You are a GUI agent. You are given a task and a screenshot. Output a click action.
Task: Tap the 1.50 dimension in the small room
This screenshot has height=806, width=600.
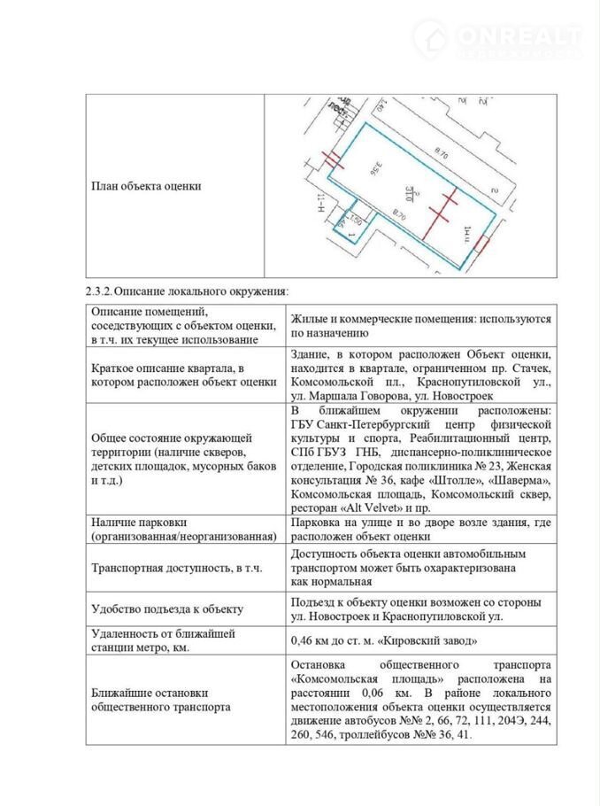[355, 221]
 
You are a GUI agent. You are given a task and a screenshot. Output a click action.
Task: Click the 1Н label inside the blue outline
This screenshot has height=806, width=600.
[466, 235]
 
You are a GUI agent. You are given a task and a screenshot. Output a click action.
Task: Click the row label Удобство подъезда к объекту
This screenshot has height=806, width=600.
[167, 609]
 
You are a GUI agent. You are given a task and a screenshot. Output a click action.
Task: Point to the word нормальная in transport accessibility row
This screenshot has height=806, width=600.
[333, 582]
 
